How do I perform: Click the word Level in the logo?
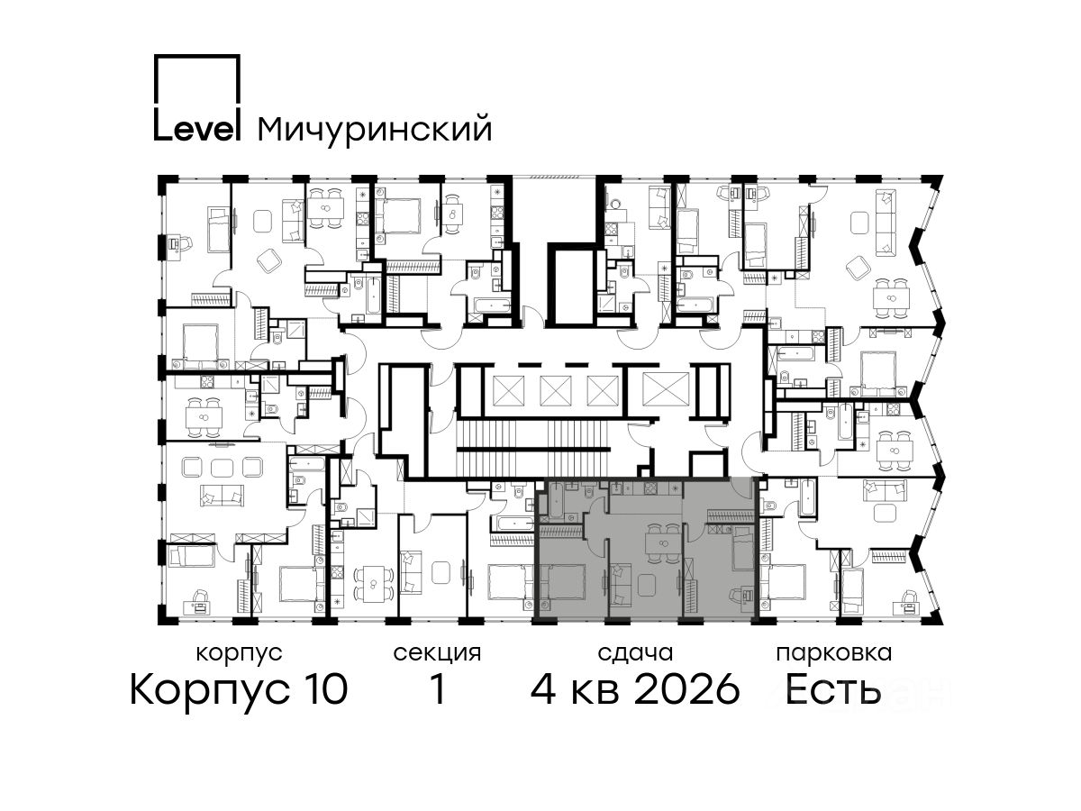[197, 129]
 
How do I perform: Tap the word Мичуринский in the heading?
[375, 130]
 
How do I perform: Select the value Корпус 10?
[239, 689]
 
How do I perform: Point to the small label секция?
[437, 653]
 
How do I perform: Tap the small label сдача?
[635, 653]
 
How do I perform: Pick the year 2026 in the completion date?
[687, 689]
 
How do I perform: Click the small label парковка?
[834, 654]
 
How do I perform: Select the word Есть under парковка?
[832, 689]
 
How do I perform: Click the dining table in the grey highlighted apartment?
[663, 543]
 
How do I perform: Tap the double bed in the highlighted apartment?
[562, 587]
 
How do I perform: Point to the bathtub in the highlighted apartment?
[556, 500]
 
